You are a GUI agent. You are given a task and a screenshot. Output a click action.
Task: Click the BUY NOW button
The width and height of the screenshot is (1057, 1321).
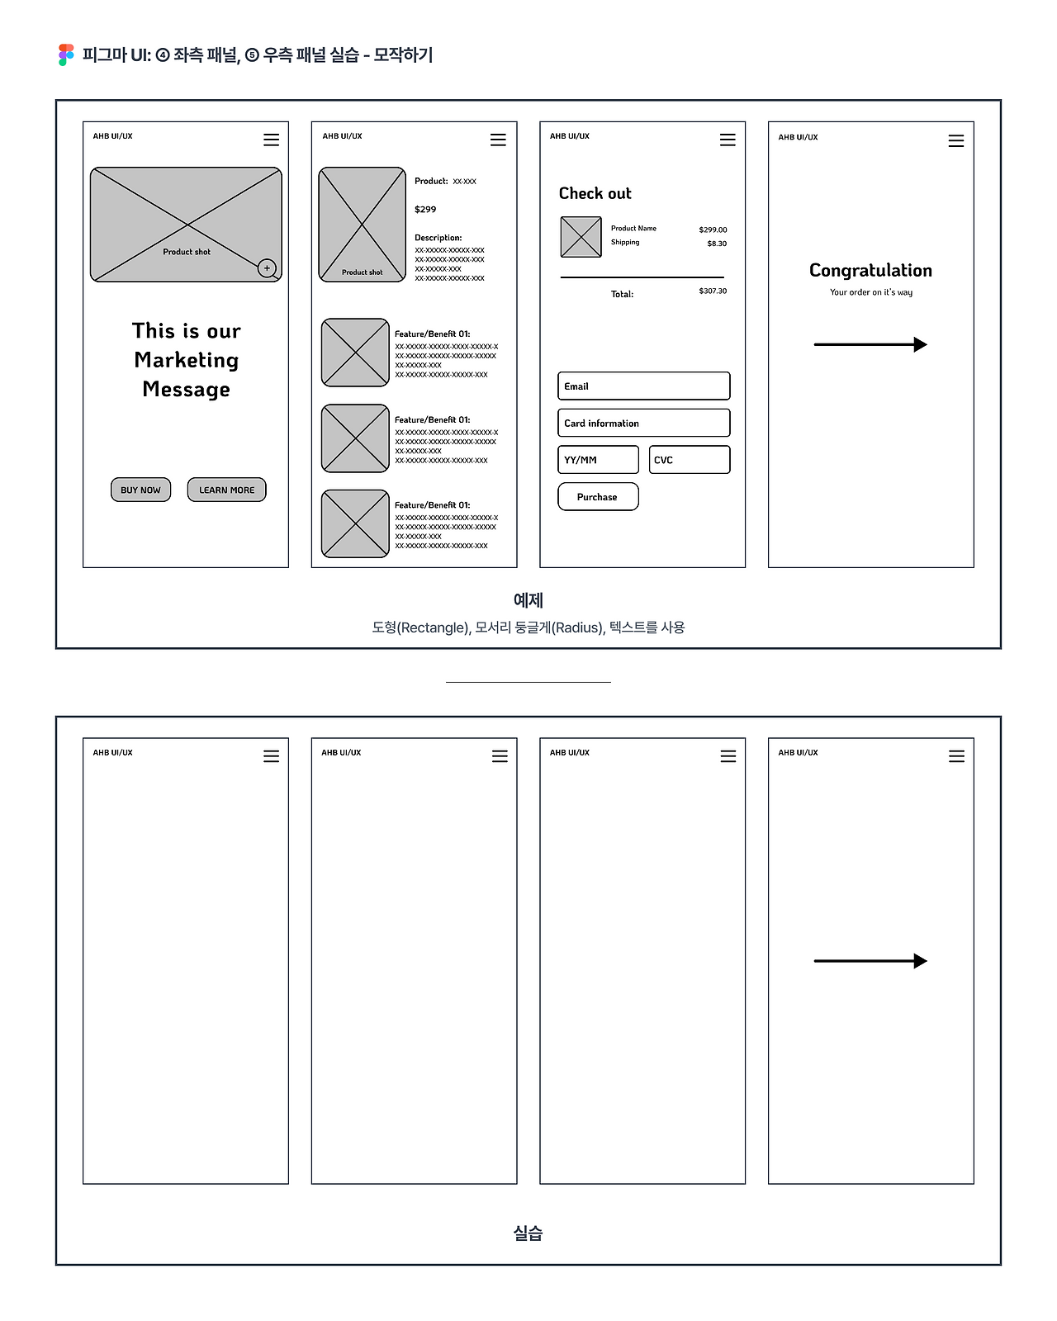140,490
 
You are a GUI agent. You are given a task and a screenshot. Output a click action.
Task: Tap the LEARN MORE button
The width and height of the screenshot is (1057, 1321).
226,490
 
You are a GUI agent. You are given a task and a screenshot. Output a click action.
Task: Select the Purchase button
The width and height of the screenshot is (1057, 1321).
598,497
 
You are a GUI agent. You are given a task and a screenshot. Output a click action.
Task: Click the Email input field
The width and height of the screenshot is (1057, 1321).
643,386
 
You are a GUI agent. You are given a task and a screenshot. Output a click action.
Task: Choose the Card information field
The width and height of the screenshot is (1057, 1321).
643,423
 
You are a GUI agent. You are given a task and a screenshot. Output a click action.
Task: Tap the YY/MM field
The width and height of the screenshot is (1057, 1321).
598,460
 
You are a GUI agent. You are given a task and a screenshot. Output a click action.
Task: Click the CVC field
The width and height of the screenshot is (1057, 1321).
689,460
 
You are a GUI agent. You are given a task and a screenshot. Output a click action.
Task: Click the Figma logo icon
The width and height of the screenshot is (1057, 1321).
67,55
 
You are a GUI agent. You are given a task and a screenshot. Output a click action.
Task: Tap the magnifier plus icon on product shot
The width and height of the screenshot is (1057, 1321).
267,268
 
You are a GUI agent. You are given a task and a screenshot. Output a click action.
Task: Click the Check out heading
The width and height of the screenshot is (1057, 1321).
595,193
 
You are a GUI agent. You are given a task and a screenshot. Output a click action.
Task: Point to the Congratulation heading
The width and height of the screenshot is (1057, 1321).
870,270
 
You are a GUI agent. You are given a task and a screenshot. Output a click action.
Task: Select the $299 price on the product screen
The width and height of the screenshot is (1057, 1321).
425,210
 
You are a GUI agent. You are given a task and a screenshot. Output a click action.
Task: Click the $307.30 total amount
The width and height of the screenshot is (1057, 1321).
713,291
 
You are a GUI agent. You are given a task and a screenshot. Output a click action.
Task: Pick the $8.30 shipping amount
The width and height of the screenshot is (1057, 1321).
717,244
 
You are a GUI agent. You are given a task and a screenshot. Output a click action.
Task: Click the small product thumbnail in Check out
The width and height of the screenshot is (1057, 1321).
581,237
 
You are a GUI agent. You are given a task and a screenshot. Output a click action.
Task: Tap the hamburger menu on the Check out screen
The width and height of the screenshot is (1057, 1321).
728,140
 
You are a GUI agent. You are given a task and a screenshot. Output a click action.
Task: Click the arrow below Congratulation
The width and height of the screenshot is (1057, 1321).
870,344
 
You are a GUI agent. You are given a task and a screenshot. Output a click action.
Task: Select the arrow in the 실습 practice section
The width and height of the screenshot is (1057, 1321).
870,961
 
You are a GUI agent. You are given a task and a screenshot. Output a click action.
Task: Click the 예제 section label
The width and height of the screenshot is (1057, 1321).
528,600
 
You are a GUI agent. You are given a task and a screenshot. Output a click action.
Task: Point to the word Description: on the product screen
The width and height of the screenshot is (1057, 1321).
438,238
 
